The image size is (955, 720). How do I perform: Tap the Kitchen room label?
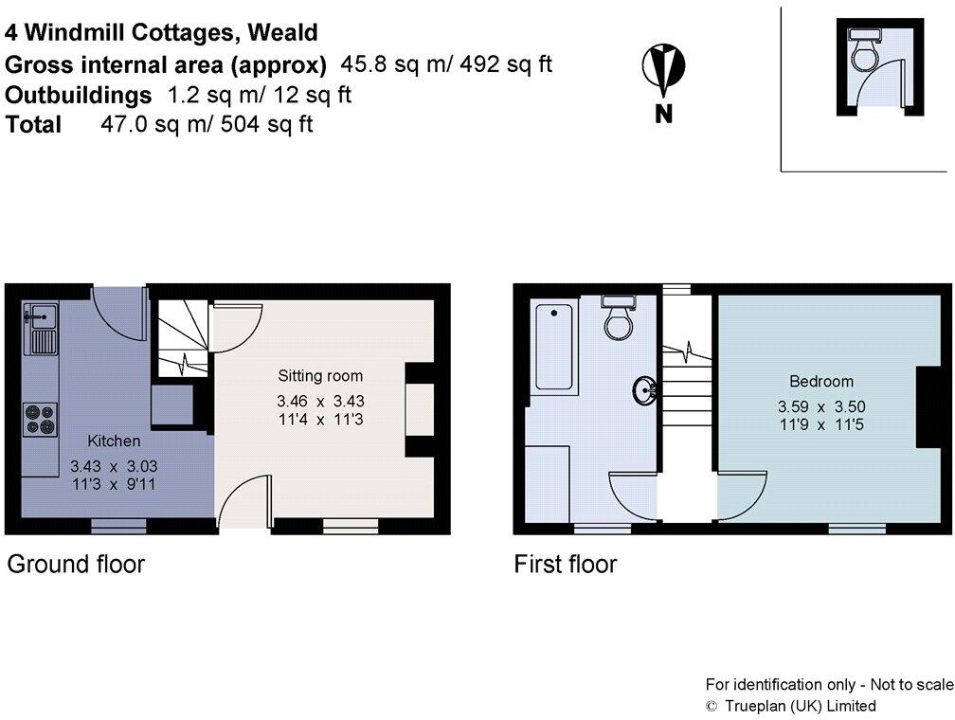(114, 441)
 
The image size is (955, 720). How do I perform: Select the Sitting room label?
(320, 376)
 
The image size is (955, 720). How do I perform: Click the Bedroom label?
(821, 382)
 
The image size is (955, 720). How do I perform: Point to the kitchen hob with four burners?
(41, 419)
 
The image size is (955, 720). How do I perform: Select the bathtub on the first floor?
(554, 347)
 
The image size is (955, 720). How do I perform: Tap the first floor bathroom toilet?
(620, 319)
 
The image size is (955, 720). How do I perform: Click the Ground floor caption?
(76, 565)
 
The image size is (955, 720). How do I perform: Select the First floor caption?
(566, 565)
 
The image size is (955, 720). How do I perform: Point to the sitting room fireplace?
(420, 410)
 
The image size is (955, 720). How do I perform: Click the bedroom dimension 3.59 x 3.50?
(821, 405)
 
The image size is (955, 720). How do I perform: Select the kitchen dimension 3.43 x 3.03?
(114, 466)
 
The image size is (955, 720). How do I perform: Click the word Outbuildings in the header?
(79, 95)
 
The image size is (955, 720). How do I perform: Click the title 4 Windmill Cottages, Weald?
(161, 33)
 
